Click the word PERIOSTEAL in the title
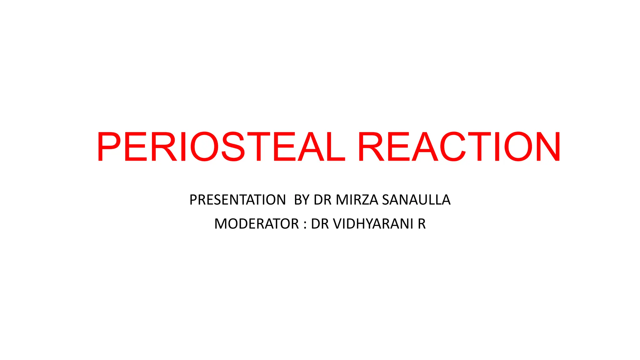click(x=221, y=147)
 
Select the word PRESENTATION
click(x=237, y=200)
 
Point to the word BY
click(x=302, y=200)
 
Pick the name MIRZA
click(x=357, y=200)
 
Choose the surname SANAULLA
click(x=416, y=200)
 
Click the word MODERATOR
click(x=257, y=224)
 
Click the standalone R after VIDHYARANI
click(x=422, y=224)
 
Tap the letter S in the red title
click(x=233, y=147)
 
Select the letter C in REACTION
click(x=453, y=147)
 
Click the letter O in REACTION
click(x=518, y=147)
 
